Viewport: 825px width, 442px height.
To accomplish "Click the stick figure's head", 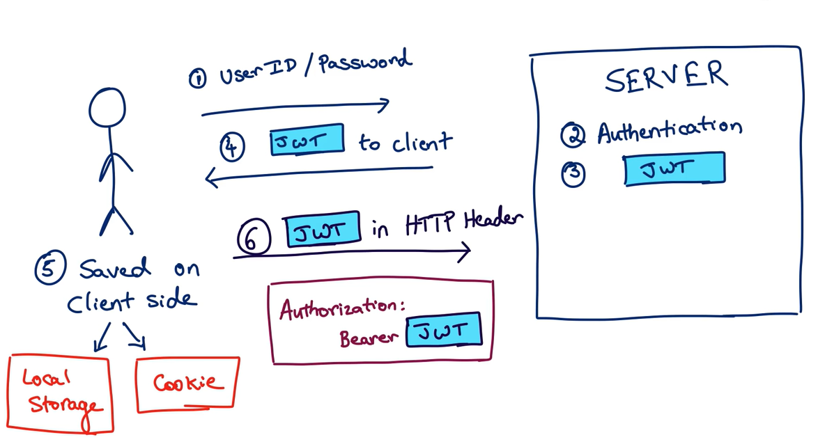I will tap(107, 108).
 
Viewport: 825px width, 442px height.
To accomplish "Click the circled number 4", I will tap(232, 148).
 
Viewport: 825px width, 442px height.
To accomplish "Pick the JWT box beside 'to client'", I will tap(307, 140).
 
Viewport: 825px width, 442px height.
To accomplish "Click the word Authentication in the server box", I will tap(669, 129).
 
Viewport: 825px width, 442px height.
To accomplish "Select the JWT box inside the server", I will tap(674, 169).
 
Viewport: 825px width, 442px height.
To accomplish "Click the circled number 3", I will tap(573, 174).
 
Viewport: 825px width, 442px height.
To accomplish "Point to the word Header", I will tap(493, 220).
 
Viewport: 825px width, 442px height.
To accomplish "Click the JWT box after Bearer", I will tap(444, 330).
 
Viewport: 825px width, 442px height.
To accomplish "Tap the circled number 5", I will tap(50, 269).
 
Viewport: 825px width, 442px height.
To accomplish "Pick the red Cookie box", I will tap(187, 384).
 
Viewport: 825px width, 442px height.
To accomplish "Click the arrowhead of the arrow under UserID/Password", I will tap(384, 105).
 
